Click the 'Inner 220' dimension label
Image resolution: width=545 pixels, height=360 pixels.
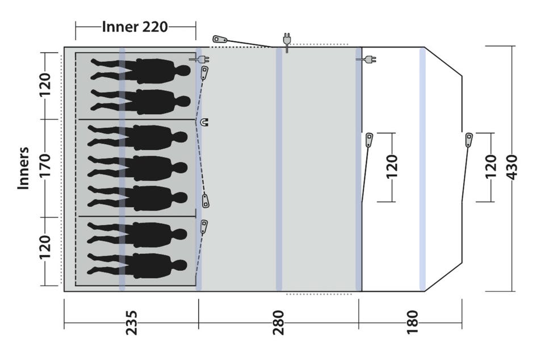click(135, 27)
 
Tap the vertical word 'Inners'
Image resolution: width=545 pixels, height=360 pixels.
click(23, 168)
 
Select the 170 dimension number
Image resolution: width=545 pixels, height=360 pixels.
click(45, 166)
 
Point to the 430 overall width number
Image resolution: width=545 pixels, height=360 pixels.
click(512, 168)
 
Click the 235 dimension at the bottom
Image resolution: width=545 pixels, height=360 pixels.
click(132, 323)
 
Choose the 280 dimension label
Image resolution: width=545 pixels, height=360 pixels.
click(279, 323)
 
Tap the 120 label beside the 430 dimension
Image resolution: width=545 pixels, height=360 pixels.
click(491, 167)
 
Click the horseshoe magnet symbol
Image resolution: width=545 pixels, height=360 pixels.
click(204, 122)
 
